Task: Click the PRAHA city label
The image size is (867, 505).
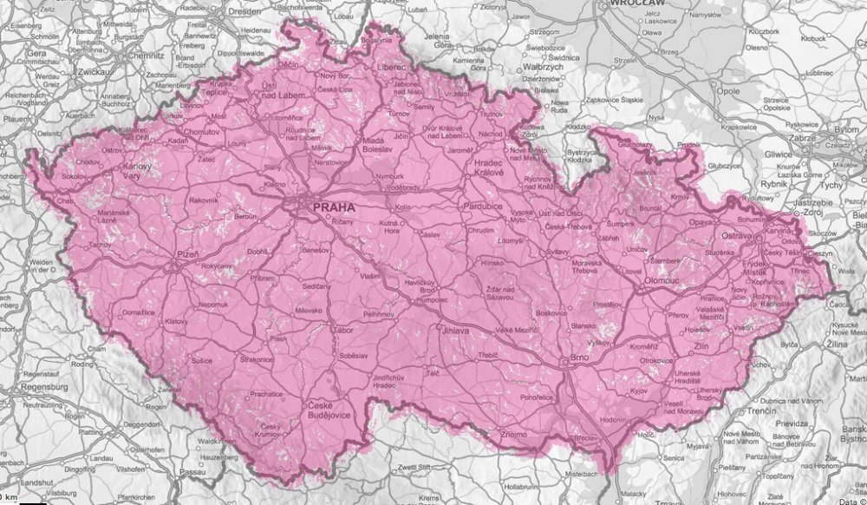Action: click(x=334, y=208)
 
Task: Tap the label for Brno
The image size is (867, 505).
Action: click(x=579, y=358)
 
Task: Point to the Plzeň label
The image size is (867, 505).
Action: click(x=188, y=257)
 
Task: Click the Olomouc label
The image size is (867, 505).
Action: click(x=662, y=282)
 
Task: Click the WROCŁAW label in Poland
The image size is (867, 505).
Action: click(x=636, y=4)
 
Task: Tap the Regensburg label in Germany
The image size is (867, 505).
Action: click(x=34, y=386)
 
